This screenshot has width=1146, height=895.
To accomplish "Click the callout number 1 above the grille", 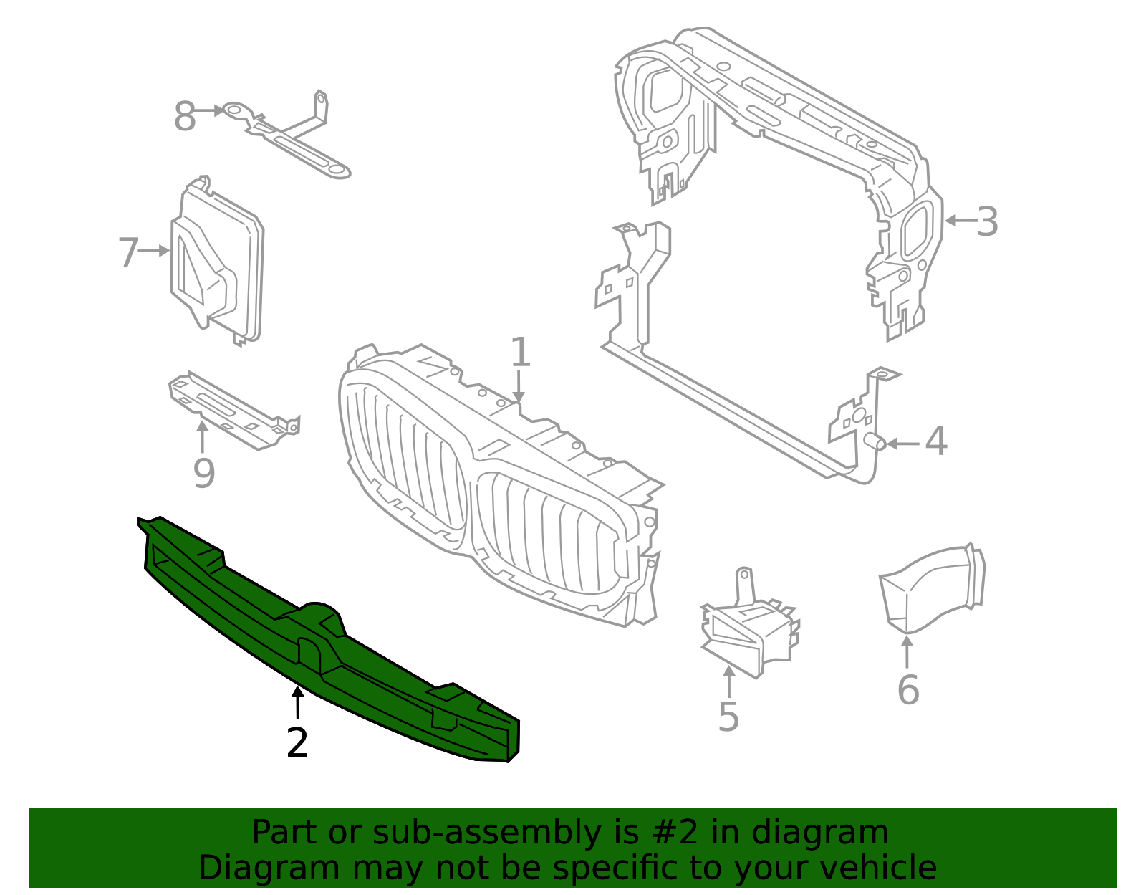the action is pyautogui.click(x=520, y=352).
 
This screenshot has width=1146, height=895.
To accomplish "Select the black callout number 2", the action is pyautogui.click(x=297, y=742).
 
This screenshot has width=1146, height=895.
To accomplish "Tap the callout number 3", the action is pyautogui.click(x=987, y=222).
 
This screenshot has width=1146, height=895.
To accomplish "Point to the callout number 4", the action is pyautogui.click(x=936, y=441).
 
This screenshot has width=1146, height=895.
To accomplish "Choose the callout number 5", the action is pyautogui.click(x=729, y=716).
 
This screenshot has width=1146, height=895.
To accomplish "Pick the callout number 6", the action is pyautogui.click(x=908, y=689).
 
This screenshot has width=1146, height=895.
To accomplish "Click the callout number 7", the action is pyautogui.click(x=129, y=253).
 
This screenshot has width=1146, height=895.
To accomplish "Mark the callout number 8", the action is pyautogui.click(x=185, y=117).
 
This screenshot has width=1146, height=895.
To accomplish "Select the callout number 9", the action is pyautogui.click(x=204, y=473).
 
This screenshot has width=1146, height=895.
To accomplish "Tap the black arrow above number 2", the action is pyautogui.click(x=298, y=702).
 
